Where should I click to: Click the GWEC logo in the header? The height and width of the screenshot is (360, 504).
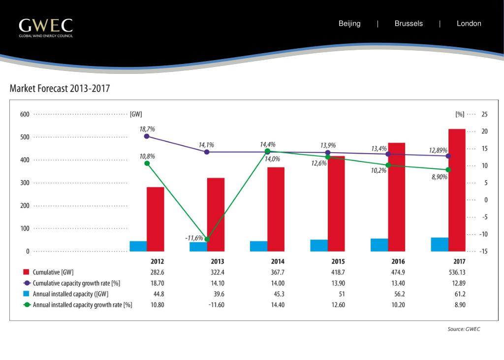(46, 28)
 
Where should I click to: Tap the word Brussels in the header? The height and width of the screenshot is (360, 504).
(409, 24)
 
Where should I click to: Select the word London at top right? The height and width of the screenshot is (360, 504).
(469, 24)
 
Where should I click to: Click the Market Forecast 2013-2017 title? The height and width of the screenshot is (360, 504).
(60, 89)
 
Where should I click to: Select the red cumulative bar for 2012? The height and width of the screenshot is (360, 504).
(155, 219)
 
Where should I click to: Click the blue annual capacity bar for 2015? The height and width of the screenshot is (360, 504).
(319, 245)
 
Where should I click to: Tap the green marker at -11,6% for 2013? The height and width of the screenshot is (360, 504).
(207, 239)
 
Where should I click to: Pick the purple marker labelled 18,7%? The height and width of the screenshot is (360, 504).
(147, 136)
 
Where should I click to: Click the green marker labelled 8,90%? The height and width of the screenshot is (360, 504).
(448, 170)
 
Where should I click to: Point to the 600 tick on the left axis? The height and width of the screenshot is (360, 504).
(25, 114)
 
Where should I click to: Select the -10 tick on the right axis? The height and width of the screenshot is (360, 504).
(484, 234)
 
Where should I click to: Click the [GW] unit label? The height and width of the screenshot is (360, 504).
(135, 114)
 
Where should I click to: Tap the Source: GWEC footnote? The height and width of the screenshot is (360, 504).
(463, 329)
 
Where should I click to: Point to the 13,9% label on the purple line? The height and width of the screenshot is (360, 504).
(328, 145)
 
